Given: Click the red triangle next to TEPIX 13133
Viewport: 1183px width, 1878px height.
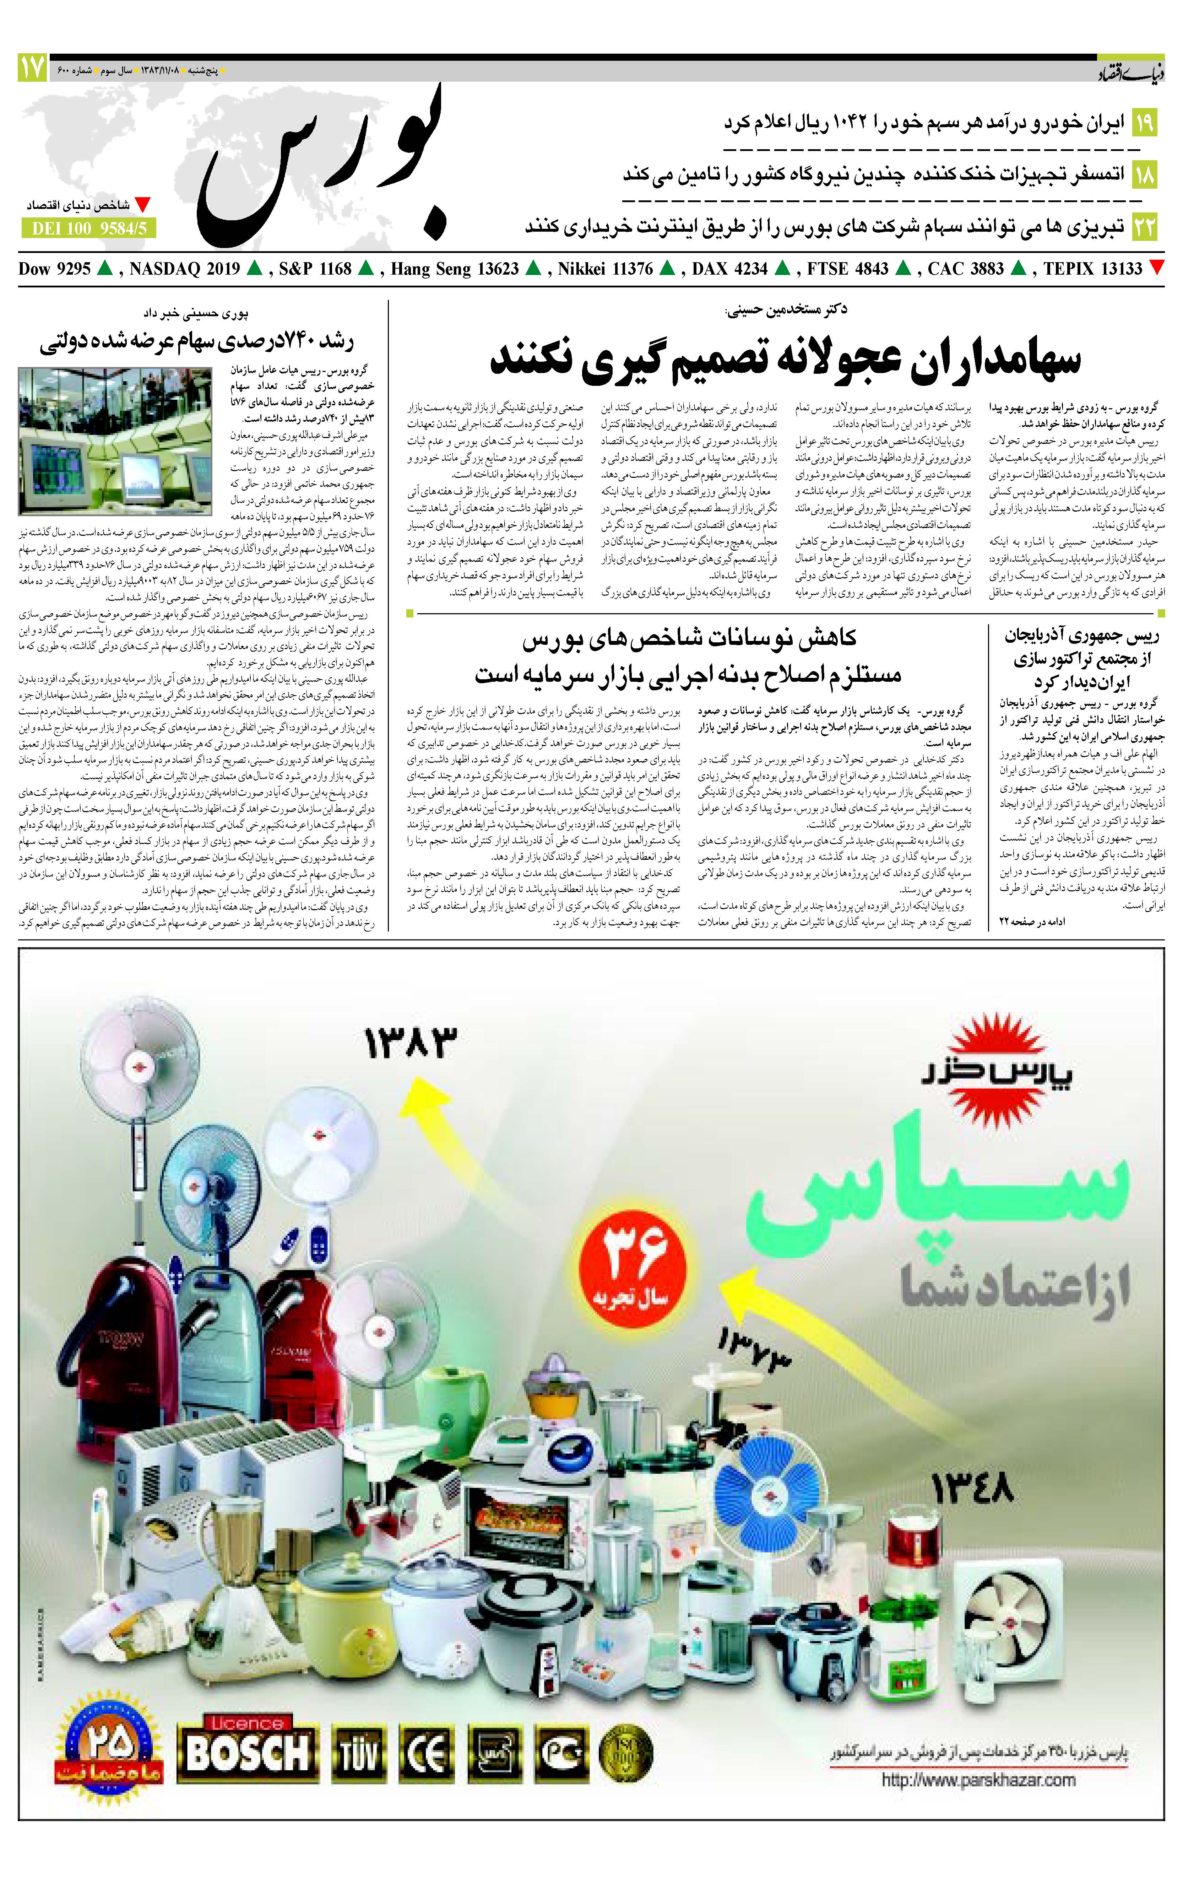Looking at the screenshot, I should [x=1157, y=268].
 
